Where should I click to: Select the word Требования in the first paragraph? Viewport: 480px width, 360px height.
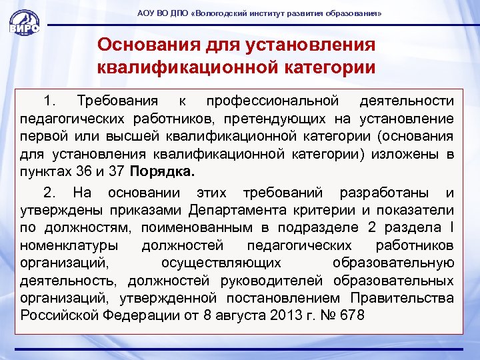pyautogui.click(x=117, y=101)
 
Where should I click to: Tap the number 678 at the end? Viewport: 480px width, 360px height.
pyautogui.click(x=350, y=315)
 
